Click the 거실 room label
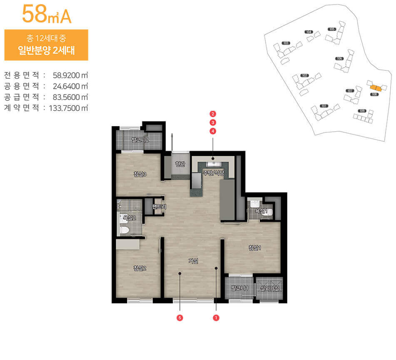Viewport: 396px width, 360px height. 193,261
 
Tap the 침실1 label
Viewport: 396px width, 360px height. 254,248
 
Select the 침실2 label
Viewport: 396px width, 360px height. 139,268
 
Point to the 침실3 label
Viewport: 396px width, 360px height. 139,174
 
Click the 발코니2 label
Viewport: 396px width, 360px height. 140,140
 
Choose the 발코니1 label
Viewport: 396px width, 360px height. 239,288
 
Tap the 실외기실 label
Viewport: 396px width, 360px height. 269,288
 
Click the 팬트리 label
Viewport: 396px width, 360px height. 159,207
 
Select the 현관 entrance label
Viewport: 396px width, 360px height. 179,164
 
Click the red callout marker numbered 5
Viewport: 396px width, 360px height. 180,317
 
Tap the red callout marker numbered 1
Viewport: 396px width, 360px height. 216,317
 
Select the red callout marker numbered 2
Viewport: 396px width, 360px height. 213,114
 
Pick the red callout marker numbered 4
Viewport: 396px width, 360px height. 213,131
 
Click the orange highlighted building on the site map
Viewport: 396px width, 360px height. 376,87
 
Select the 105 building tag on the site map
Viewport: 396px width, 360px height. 332,29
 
